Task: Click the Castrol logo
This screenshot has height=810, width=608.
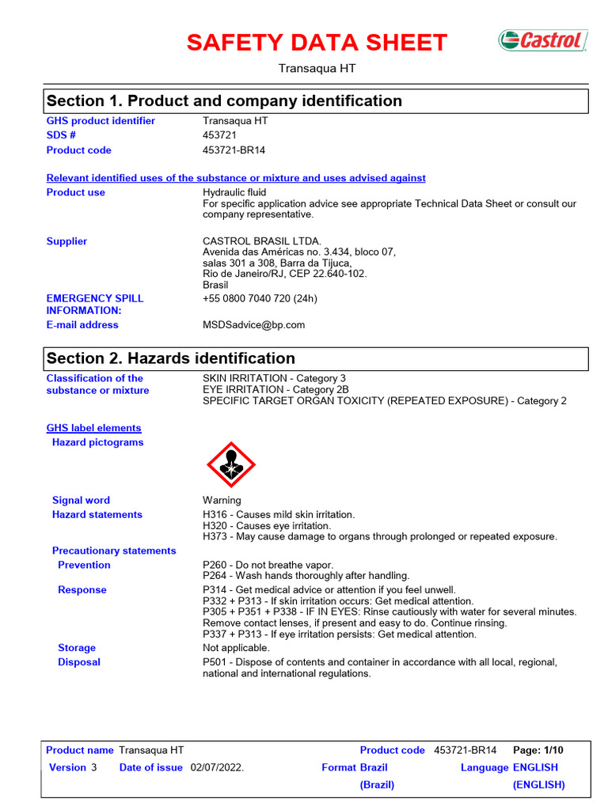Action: pos(542,40)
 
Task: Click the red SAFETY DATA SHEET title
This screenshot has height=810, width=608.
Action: pos(317,43)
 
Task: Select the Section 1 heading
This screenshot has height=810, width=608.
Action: pos(224,101)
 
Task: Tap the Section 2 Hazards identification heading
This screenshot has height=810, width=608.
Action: pos(171,358)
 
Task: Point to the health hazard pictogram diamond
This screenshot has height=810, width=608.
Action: pos(231,464)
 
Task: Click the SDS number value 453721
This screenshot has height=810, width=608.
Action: pos(220,135)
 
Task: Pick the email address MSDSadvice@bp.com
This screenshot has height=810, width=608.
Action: pos(253,325)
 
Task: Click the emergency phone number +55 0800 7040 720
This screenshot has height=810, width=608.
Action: pos(260,299)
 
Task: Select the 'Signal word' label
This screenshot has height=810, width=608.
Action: pos(81,500)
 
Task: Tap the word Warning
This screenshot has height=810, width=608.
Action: pos(222,500)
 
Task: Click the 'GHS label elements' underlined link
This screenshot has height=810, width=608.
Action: pos(93,428)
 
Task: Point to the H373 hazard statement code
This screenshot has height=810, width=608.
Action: pos(216,536)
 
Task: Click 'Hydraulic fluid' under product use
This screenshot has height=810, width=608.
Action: pos(234,192)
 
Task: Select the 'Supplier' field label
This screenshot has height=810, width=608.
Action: pos(66,241)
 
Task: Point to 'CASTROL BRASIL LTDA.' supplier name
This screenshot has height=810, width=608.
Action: pos(262,241)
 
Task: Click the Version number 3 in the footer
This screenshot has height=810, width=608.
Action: pos(93,767)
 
